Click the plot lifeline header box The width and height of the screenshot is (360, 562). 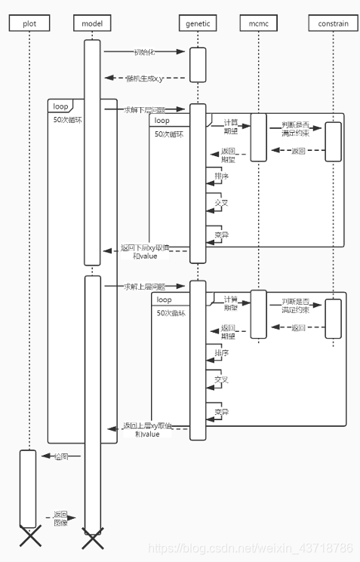click(29, 23)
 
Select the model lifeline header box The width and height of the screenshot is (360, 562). click(92, 23)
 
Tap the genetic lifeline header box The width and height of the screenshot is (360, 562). click(198, 23)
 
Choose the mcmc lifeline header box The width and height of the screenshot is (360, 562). click(258, 23)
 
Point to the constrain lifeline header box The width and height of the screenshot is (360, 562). click(333, 23)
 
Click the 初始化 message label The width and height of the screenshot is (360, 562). click(145, 52)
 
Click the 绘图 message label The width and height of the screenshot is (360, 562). click(60, 456)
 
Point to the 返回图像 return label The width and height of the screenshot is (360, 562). click(60, 517)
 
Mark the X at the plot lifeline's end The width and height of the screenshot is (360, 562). click(29, 537)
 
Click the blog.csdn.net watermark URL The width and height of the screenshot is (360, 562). click(250, 547)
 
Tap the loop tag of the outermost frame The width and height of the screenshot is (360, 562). click(61, 106)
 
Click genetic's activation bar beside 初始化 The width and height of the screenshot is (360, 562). click(198, 64)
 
